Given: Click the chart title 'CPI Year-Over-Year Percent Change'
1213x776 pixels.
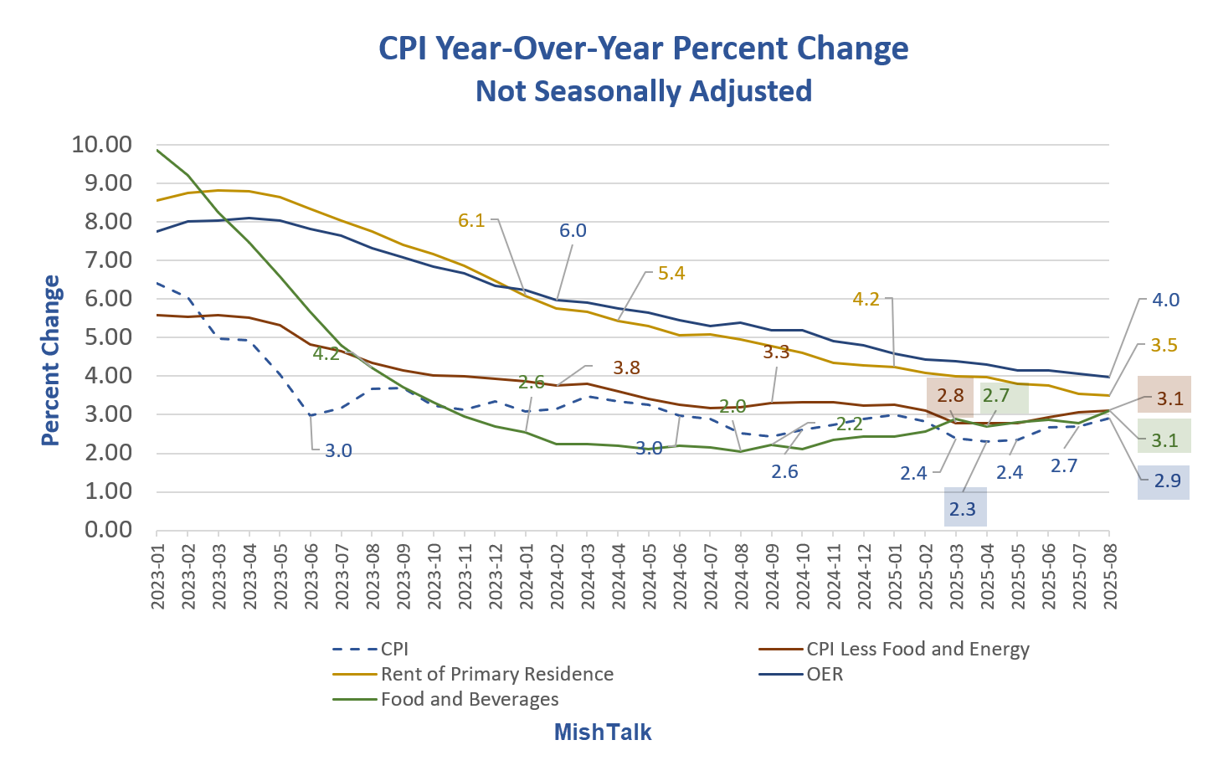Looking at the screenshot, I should [643, 49].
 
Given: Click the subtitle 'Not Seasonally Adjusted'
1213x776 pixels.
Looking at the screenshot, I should [643, 90].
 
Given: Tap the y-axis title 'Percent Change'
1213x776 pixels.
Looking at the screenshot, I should [51, 360].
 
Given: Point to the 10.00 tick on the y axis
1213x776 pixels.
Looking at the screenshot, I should [102, 144].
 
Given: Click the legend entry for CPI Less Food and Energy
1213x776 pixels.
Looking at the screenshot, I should [917, 649].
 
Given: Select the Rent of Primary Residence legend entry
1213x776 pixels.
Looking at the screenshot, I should [496, 674].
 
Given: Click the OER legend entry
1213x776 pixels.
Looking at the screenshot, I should [825, 674].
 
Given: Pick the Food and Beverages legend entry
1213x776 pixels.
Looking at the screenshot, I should [469, 699].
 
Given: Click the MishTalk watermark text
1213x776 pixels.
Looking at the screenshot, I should [603, 732].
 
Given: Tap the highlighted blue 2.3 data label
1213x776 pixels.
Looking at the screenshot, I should [963, 509].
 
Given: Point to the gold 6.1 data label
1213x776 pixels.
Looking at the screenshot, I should [471, 220].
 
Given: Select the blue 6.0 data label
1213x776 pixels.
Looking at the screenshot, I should [573, 230].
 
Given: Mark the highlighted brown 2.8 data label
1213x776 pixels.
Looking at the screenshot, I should [950, 395].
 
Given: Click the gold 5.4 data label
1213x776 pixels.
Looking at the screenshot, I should [671, 273].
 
